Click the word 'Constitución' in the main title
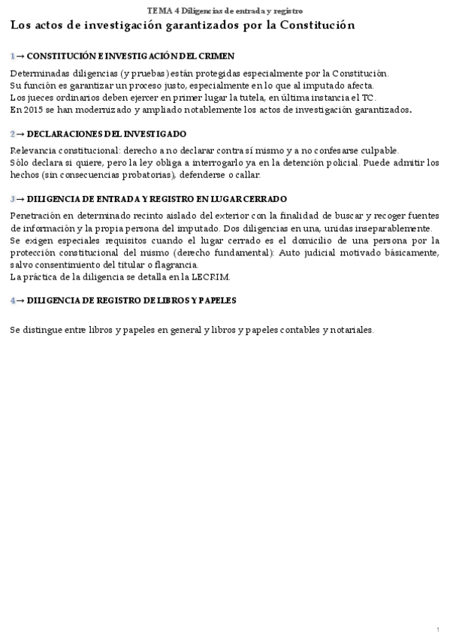pyautogui.click(x=316, y=25)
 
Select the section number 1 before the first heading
pyautogui.click(x=13, y=56)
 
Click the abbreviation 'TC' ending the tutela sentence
pyautogui.click(x=370, y=98)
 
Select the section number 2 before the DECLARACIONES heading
pyautogui.click(x=13, y=134)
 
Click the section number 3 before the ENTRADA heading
pyautogui.click(x=13, y=199)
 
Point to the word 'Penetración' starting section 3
pyautogui.click(x=35, y=216)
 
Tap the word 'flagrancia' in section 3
pyautogui.click(x=177, y=264)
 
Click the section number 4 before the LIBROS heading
pyautogui.click(x=13, y=300)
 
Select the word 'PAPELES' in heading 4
pyautogui.click(x=216, y=300)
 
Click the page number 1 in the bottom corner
pyautogui.click(x=437, y=628)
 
